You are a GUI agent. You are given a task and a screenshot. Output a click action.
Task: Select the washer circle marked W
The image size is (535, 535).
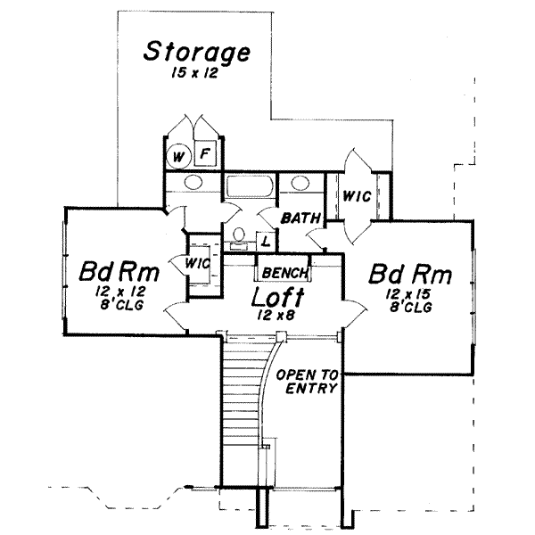pyautogui.click(x=178, y=157)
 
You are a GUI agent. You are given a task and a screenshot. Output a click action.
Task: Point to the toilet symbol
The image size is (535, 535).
pyautogui.click(x=237, y=235)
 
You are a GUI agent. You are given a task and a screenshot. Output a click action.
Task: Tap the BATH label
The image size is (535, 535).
pyautogui.click(x=300, y=218)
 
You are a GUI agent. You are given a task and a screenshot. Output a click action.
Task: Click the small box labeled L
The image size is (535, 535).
pyautogui.click(x=265, y=240)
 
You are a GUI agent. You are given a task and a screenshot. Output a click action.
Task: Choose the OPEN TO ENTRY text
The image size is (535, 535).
pyautogui.click(x=305, y=382)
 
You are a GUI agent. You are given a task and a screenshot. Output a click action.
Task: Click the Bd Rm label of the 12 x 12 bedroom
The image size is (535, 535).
pyautogui.click(x=118, y=270)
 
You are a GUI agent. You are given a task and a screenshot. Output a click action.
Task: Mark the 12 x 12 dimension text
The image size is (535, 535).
pyautogui.click(x=120, y=292)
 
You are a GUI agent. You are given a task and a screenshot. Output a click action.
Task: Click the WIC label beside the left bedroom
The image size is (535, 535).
pyautogui.click(x=198, y=263)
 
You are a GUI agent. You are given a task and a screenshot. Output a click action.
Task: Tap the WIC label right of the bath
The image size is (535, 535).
pyautogui.click(x=358, y=195)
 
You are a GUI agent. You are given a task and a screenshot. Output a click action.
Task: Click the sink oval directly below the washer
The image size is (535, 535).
pyautogui.click(x=189, y=185)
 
